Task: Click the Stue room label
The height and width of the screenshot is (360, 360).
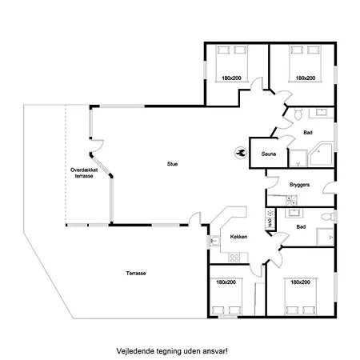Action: point(172,164)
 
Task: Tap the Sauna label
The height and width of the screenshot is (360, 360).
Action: point(269,154)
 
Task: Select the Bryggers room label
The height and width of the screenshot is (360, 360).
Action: point(299,185)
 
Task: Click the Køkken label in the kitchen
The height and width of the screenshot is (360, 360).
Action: point(238,237)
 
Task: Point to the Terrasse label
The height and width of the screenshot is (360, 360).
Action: point(136,274)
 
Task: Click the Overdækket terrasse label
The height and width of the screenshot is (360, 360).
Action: point(84,173)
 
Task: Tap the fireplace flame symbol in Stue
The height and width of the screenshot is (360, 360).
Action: point(241,153)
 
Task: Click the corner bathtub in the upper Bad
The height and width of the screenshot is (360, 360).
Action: point(321,154)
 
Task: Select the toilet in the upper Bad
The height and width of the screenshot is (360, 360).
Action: point(298,114)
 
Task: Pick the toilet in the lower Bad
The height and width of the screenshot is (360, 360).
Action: point(327,216)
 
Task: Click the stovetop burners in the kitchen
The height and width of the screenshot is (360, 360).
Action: point(234,258)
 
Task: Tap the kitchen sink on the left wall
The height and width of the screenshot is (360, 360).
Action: point(214,241)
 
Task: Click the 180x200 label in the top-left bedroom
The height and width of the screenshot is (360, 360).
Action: point(231,78)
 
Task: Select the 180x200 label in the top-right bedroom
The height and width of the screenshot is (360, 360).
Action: point(306,78)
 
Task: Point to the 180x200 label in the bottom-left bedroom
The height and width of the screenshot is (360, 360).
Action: point(226,282)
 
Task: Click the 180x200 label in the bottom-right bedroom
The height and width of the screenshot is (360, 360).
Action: point(300,282)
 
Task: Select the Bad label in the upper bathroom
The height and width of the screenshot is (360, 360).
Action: point(308,133)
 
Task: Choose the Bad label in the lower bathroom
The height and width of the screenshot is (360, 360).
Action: point(301,227)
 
